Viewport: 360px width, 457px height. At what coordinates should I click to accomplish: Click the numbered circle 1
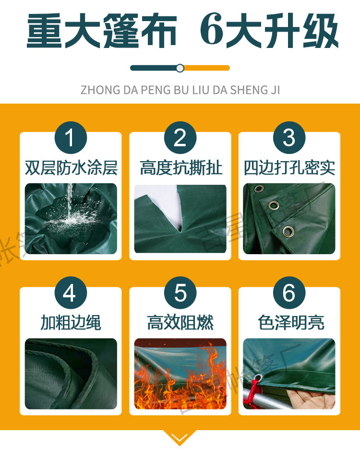[x=71, y=138]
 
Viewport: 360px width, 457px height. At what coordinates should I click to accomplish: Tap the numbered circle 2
[x=180, y=138]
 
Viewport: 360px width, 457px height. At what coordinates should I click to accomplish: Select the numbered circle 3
[x=289, y=138]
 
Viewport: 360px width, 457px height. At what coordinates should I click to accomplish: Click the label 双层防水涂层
[x=71, y=168]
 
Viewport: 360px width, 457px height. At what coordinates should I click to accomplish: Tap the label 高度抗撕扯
[x=180, y=168]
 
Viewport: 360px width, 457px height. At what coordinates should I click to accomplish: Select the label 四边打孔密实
[x=289, y=168]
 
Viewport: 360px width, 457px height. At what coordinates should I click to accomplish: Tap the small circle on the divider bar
[x=180, y=68]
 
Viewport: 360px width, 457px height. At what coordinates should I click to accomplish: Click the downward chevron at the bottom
[x=180, y=437]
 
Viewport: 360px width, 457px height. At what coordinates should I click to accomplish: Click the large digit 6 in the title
[x=212, y=30]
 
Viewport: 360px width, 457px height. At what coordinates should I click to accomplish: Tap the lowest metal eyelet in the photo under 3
[x=288, y=232]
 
